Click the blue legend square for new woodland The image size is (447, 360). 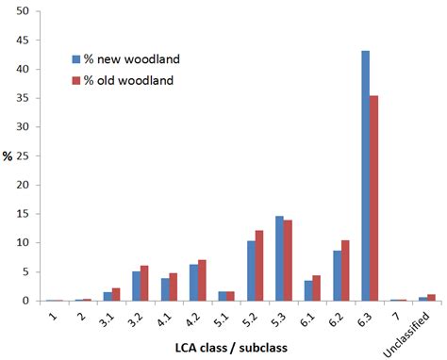pyautogui.click(x=76, y=58)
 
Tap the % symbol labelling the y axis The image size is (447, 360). pyautogui.click(x=8, y=155)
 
